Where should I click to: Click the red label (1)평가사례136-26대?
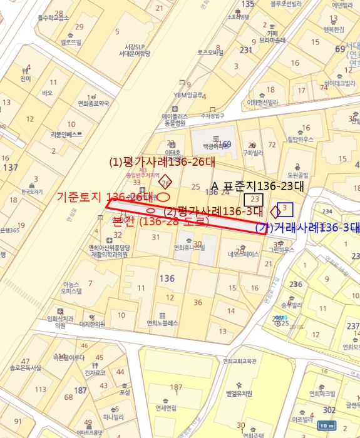point(162,162)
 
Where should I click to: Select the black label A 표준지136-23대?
point(258,186)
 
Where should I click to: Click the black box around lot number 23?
point(254,200)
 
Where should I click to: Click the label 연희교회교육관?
point(240,361)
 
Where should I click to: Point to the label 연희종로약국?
point(93,103)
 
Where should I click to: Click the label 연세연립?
point(167,407)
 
